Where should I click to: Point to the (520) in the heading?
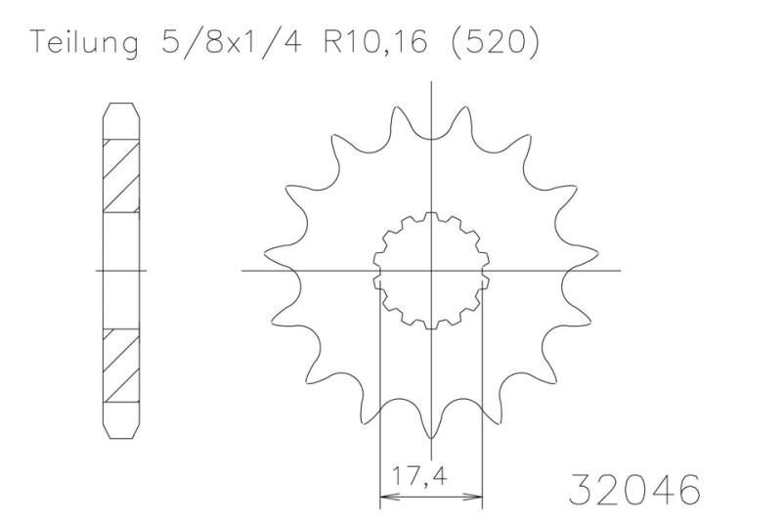tap(495, 45)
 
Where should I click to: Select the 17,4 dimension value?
tap(431, 480)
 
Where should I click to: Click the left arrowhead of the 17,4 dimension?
tap(386, 496)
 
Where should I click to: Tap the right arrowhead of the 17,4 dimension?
tap(477, 496)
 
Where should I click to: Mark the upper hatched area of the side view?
tap(121, 176)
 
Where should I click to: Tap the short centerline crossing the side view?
tap(121, 270)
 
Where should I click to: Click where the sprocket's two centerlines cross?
tap(431, 270)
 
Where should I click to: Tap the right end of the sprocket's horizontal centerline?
tap(618, 270)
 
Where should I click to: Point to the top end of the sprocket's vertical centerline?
tap(431, 84)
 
